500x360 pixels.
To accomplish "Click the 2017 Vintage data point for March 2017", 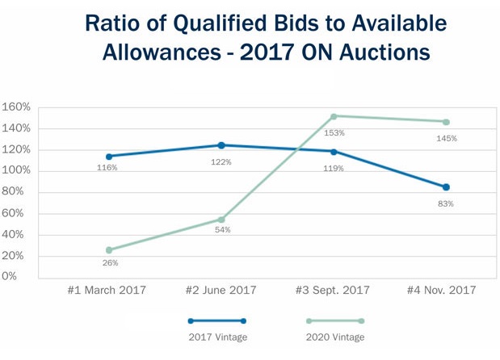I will point(108,157).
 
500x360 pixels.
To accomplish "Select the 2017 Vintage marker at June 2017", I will point(221,145).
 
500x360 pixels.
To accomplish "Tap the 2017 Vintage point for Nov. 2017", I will point(446,187).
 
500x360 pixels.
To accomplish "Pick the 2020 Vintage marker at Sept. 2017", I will point(334,116).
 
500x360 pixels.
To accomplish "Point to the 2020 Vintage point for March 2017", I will point(108,250).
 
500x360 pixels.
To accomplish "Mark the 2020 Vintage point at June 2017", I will point(221,220).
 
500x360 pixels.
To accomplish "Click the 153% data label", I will point(334,132).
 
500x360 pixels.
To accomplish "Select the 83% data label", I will point(446,204).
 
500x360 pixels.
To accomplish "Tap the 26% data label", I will point(110,263).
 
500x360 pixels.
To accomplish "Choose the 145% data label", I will point(447,138).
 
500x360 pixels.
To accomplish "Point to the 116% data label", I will point(107,168).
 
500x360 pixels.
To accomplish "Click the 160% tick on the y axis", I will point(16,107).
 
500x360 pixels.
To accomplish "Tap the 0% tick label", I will point(10,277).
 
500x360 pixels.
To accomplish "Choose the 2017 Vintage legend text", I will point(216,337).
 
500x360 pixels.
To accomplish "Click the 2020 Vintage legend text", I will point(334,337).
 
